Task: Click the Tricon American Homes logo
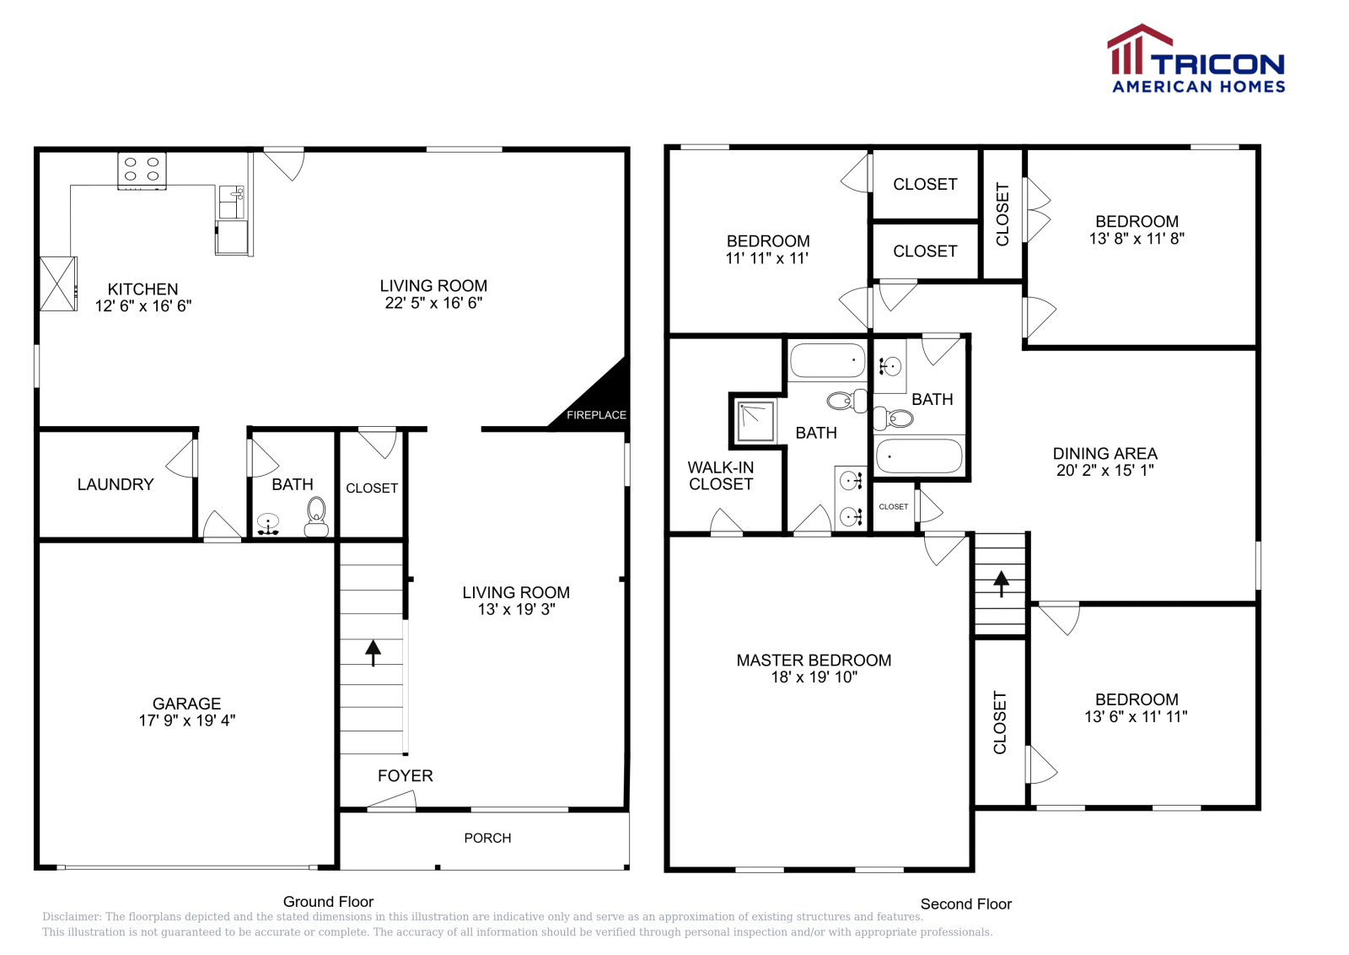click(1196, 58)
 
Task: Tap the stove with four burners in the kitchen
click(142, 171)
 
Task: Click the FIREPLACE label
click(596, 415)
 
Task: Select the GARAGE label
click(186, 704)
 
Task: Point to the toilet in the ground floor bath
click(316, 517)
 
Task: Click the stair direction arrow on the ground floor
click(374, 652)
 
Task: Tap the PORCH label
click(488, 838)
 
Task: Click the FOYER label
click(406, 776)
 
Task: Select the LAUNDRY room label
click(116, 484)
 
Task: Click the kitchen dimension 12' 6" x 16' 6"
click(143, 306)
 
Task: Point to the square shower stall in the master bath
click(756, 422)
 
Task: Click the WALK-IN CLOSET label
click(721, 476)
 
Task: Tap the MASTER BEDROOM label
click(814, 661)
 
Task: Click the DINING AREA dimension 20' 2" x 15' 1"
click(1105, 471)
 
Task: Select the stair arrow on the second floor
click(1002, 584)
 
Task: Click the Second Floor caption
click(966, 904)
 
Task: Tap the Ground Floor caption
click(328, 902)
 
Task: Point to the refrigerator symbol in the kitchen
click(58, 283)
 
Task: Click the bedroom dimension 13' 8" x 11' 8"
click(1137, 239)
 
